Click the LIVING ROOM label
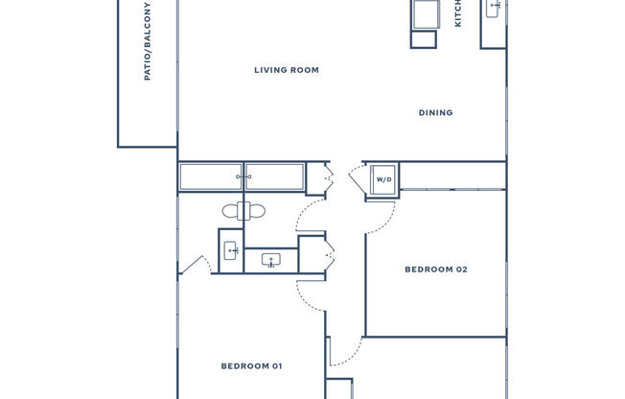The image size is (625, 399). click(286, 70)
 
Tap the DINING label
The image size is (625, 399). click(435, 113)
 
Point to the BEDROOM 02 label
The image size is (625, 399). click(435, 270)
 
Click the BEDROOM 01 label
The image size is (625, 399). click(251, 365)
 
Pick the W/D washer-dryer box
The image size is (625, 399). click(383, 179)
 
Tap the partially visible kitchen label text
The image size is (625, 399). click(458, 13)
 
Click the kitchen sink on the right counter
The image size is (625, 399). click(494, 10)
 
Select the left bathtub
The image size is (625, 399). click(211, 177)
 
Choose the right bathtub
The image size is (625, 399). click(274, 177)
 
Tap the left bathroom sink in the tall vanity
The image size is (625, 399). click(231, 250)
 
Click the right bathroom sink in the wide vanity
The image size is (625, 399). click(270, 260)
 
